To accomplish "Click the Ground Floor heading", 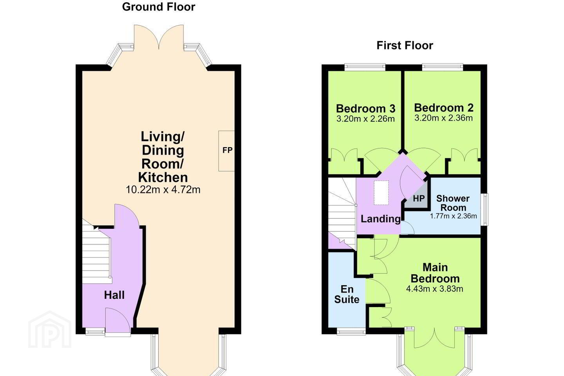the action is coord(159,7).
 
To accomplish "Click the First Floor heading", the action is coord(405,45).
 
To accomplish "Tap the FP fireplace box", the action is coord(226,151).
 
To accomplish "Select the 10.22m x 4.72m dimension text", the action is coord(163,190).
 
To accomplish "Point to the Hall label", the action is coord(114,295).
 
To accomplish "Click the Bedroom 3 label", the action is coord(365,108).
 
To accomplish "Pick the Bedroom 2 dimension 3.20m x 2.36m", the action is coord(444,118).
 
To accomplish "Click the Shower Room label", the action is coord(453,203).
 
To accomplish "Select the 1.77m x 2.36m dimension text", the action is coord(453,216).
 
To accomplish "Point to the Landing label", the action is coord(380,219).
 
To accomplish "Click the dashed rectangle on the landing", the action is coord(381,193).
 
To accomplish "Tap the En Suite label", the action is coord(347,295).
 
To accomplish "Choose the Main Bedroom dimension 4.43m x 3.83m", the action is coord(435,289).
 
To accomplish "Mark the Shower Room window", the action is coord(484,210).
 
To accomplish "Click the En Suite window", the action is coord(351,331).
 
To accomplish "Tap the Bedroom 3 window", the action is coord(365,67).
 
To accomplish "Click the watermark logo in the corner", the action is coord(50,330).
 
